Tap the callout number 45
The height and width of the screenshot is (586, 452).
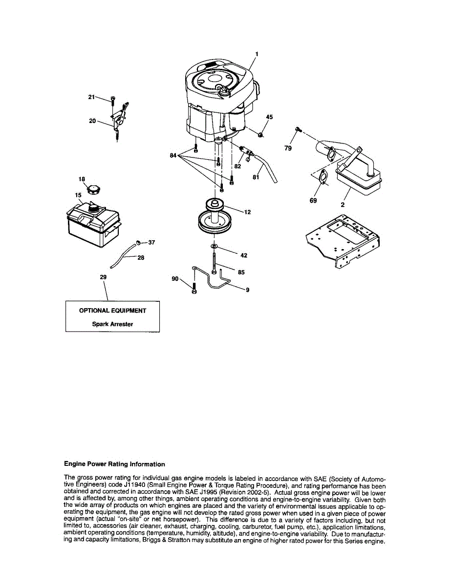pyautogui.click(x=269, y=117)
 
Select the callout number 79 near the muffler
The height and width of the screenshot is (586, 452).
pyautogui.click(x=288, y=148)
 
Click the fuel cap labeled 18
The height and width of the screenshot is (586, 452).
pyautogui.click(x=93, y=188)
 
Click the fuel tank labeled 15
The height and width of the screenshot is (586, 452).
pyautogui.click(x=92, y=224)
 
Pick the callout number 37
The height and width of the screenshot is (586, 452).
pyautogui.click(x=151, y=243)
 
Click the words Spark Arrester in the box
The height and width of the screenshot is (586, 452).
pyautogui.click(x=112, y=324)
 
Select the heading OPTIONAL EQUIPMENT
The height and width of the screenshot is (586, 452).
pyautogui.click(x=112, y=311)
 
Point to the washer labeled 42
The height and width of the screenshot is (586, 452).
pyautogui.click(x=214, y=247)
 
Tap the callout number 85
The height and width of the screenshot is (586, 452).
pyautogui.click(x=241, y=273)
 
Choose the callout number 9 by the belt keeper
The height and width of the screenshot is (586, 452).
pyautogui.click(x=248, y=290)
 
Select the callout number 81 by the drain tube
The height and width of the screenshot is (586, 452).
pyautogui.click(x=256, y=177)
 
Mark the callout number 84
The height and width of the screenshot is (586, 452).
pyautogui.click(x=173, y=156)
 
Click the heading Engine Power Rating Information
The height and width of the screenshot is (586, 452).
pyautogui.click(x=114, y=464)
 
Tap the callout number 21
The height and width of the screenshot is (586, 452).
pyautogui.click(x=91, y=97)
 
